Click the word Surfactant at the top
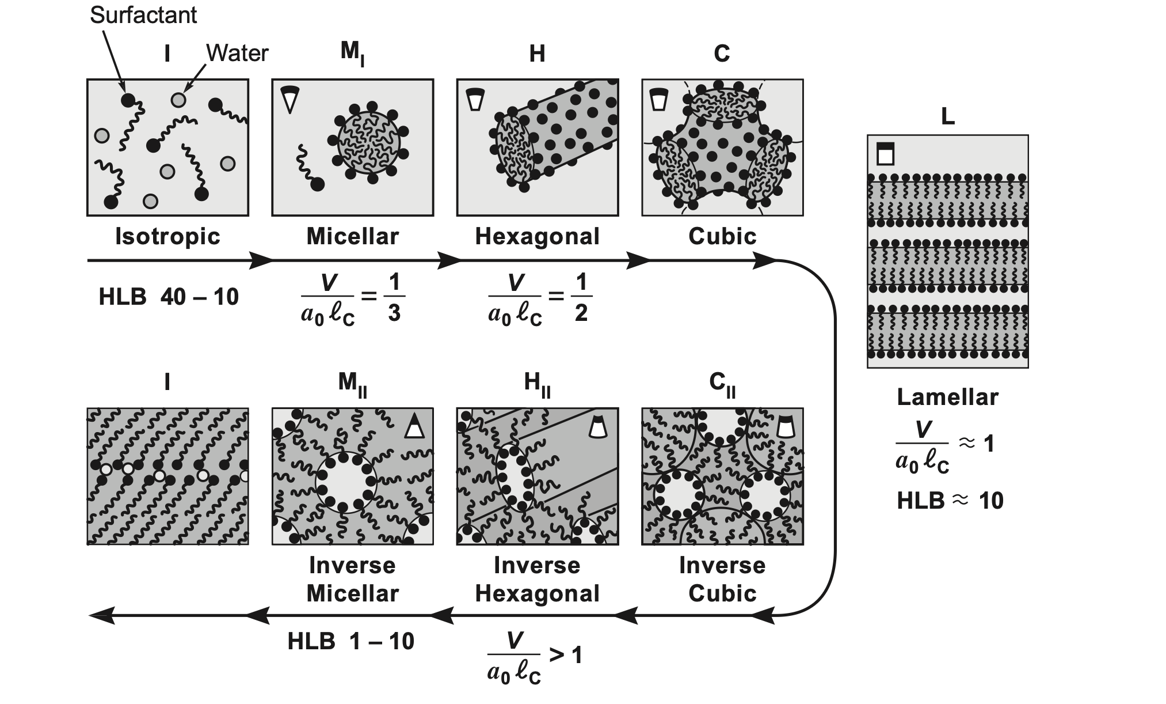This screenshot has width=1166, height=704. pos(143,16)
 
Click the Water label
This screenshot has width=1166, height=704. pos(237,54)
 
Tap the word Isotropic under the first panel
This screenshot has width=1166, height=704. pos(167,236)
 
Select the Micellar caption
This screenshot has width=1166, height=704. pos(352,236)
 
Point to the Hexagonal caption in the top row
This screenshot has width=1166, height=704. pos(537,236)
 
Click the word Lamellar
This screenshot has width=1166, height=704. pos(947,397)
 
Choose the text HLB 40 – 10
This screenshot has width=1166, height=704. pos(169,297)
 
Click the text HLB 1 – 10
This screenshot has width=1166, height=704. pos(350,641)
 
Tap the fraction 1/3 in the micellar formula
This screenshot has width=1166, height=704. pos(394,297)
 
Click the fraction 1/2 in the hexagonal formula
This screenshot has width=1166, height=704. pos(581,297)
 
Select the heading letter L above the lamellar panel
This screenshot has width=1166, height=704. pos(947,118)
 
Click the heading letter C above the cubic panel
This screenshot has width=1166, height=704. pos(722,54)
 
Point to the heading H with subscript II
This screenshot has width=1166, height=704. pos(537,384)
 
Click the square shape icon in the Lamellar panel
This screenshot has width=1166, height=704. pos(886,154)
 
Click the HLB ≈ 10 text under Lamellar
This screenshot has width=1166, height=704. pos(950,501)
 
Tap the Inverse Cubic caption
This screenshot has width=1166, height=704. pos(722,579)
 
